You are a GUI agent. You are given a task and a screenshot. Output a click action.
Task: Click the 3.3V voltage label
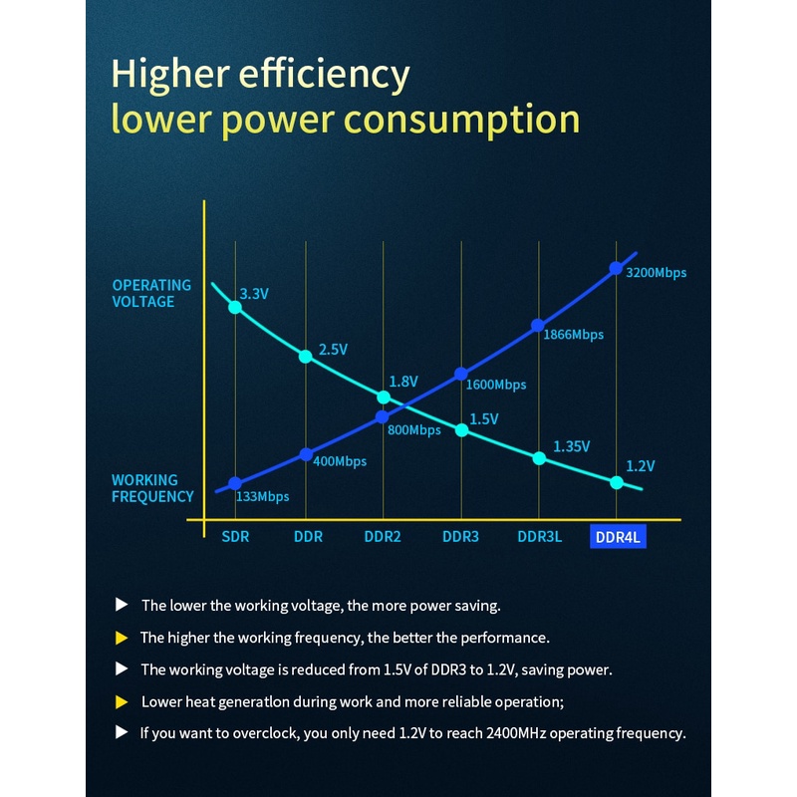[x=254, y=294]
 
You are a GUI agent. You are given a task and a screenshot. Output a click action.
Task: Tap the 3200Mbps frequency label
[x=656, y=272]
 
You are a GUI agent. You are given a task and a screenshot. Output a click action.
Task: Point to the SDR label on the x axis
[x=235, y=536]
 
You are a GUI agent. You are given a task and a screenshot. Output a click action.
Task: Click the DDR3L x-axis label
[x=539, y=536]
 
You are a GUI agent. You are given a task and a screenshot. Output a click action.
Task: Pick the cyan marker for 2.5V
[x=306, y=356]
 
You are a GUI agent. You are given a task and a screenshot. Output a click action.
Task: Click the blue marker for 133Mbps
[x=235, y=483]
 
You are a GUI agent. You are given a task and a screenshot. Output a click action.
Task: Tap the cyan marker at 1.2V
[x=616, y=482]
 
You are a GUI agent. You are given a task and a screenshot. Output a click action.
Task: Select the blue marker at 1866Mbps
[x=538, y=325]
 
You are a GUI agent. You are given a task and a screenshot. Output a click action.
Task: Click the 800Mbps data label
[x=413, y=430]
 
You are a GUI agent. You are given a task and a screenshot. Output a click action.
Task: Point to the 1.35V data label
[x=572, y=446]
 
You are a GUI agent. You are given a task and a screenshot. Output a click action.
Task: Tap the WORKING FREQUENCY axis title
[x=152, y=488]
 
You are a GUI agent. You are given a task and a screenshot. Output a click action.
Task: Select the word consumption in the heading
[x=461, y=120]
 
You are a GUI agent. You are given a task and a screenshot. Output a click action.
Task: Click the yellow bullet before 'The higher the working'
[x=122, y=637]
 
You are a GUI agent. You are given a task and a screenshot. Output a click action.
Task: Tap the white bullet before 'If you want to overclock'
[x=122, y=732]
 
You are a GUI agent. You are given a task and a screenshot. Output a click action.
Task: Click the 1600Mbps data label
[x=495, y=385]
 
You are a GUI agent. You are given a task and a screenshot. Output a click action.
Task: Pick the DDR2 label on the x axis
[x=383, y=536]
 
